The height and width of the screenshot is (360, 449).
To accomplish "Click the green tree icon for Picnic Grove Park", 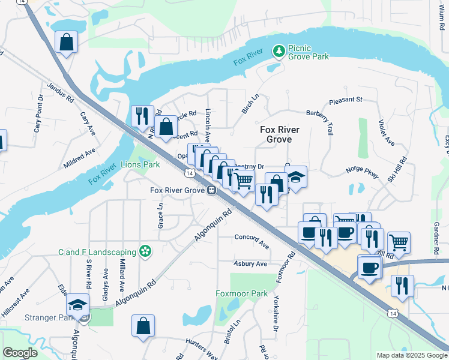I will click(279, 52).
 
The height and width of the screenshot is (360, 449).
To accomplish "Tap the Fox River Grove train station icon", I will click(212, 190).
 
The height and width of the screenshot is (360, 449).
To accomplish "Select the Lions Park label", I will click(140, 164).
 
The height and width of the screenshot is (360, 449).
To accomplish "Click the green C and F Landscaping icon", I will click(145, 251).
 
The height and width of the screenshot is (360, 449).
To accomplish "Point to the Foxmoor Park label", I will click(242, 294).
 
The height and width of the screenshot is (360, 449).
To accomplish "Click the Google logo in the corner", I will click(20, 353).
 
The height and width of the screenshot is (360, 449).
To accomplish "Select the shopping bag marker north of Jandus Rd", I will click(66, 42).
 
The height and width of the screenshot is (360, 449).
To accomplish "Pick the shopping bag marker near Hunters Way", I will click(143, 326).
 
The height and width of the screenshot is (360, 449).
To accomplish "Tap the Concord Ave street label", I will click(252, 241).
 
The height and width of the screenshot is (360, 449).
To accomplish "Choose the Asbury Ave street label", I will click(250, 263).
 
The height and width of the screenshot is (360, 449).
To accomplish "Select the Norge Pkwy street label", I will click(363, 172).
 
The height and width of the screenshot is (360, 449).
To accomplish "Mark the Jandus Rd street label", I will click(60, 91).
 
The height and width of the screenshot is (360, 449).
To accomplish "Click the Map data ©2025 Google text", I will click(411, 355).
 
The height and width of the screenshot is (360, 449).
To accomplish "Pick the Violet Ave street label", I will click(386, 133).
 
